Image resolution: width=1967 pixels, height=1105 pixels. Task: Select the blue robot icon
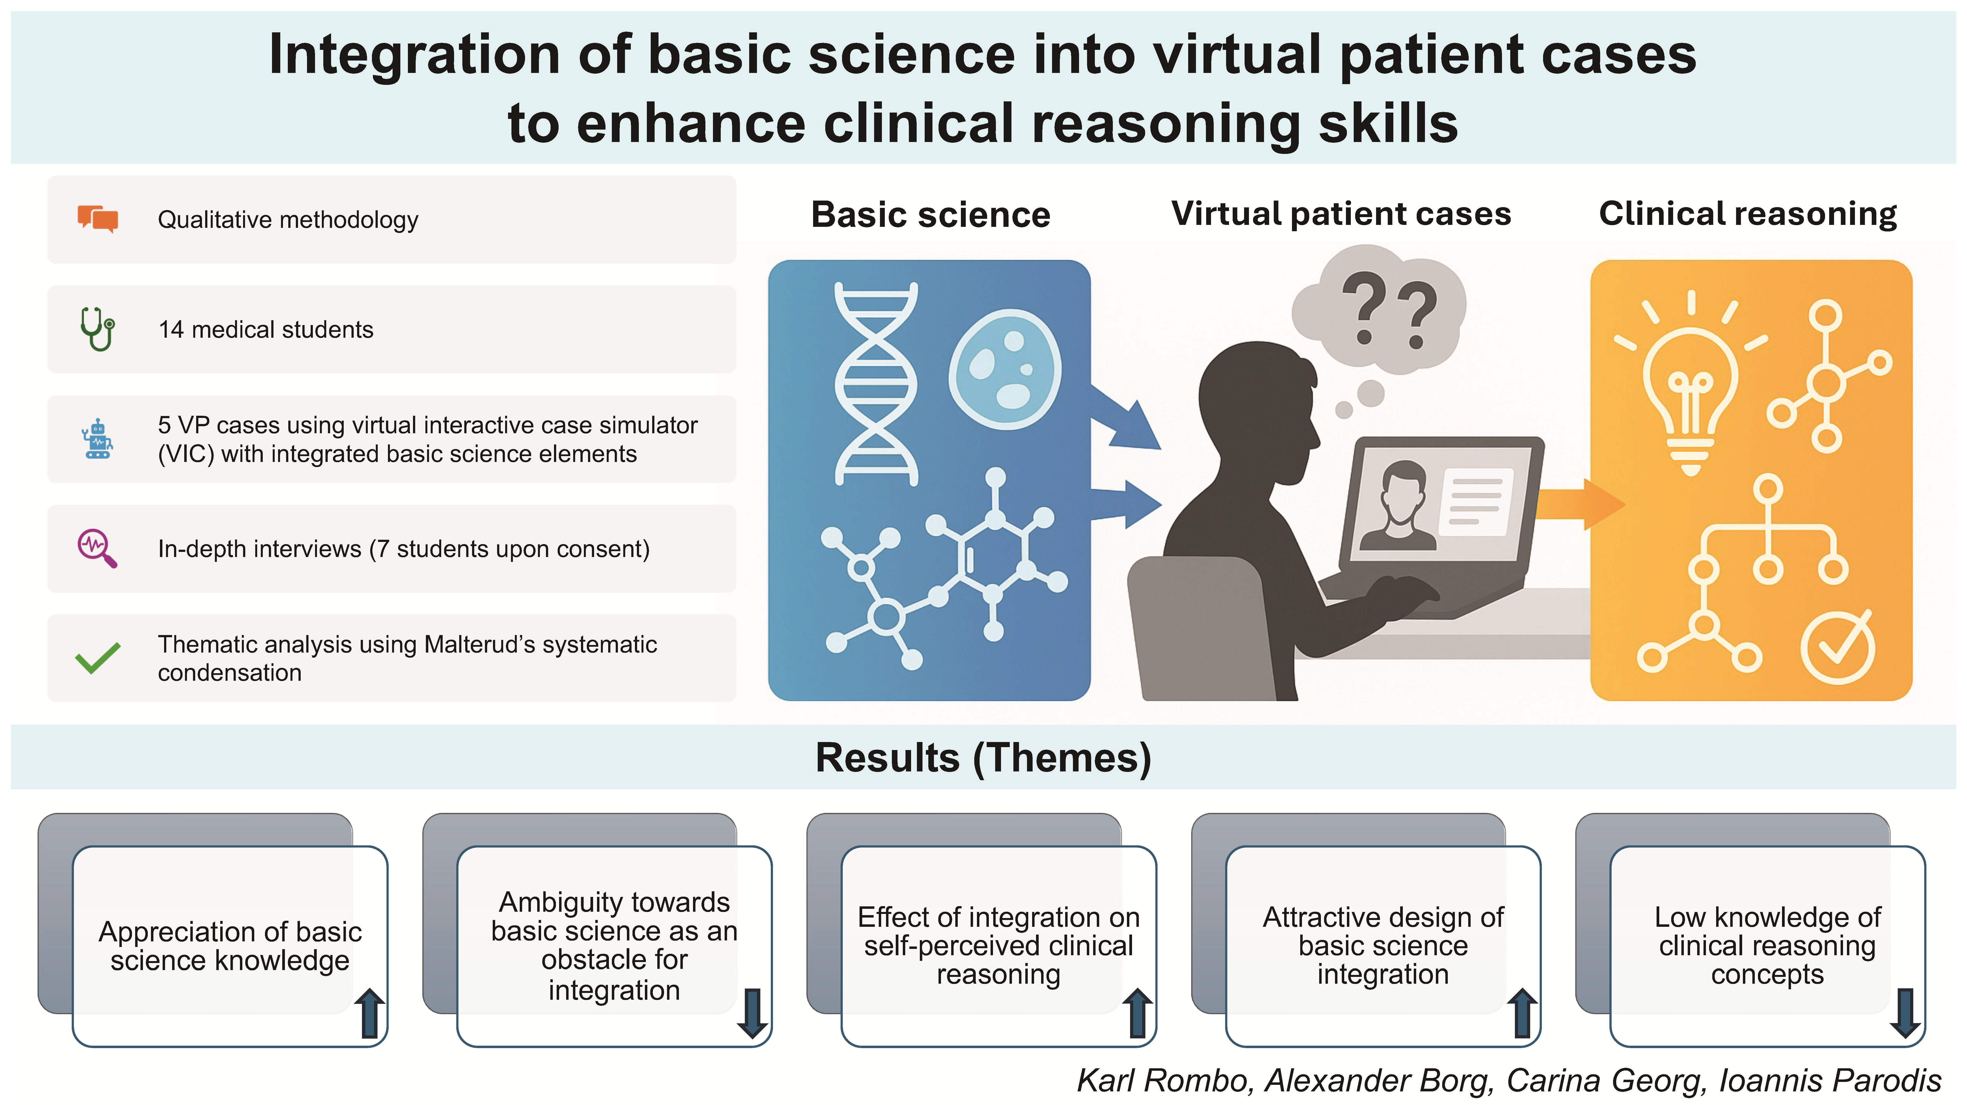click(98, 439)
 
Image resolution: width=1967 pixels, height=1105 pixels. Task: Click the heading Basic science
click(930, 215)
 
